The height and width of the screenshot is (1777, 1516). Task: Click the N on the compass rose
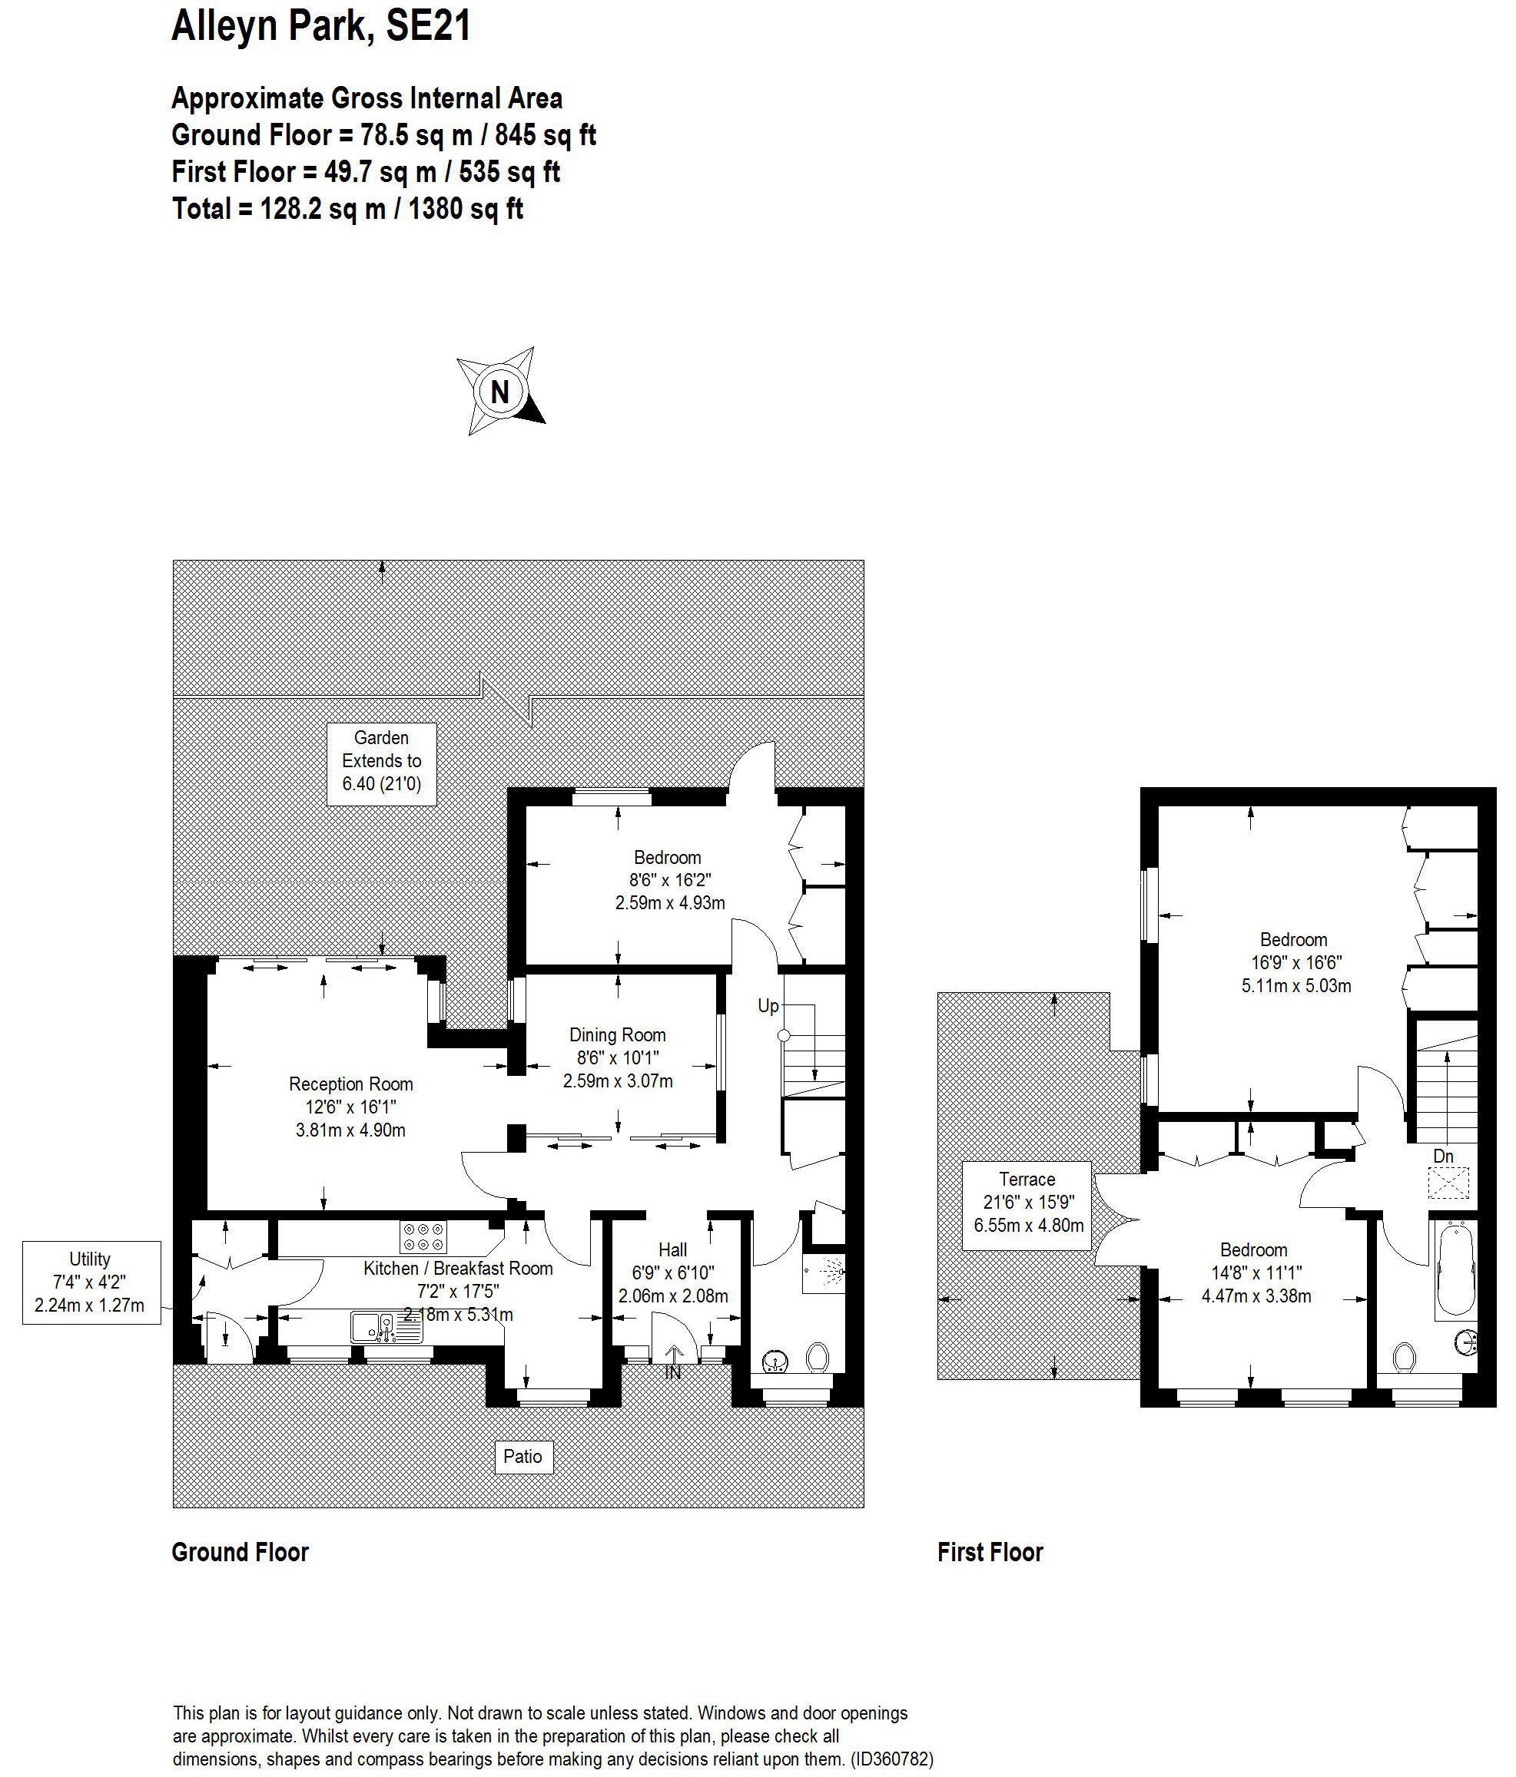499,391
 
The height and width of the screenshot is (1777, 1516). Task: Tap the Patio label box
522,1456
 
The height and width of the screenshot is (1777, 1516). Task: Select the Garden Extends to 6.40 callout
382,761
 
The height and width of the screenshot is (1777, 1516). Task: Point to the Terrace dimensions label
1027,1202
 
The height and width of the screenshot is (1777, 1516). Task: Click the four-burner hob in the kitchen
423,1236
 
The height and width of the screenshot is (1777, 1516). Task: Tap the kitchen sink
385,1327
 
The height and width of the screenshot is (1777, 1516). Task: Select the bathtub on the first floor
1453,1270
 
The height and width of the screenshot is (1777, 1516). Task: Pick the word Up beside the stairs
768,1005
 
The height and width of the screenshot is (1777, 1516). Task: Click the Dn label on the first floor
1444,1156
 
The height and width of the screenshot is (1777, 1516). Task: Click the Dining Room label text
617,1034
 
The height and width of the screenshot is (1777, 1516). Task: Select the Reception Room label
350,1084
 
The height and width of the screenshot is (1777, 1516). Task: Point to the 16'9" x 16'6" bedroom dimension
1295,962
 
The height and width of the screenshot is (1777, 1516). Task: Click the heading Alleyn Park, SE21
321,26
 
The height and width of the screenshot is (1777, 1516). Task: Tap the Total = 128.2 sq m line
347,208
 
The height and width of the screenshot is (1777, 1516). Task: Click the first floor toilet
1404,1357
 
